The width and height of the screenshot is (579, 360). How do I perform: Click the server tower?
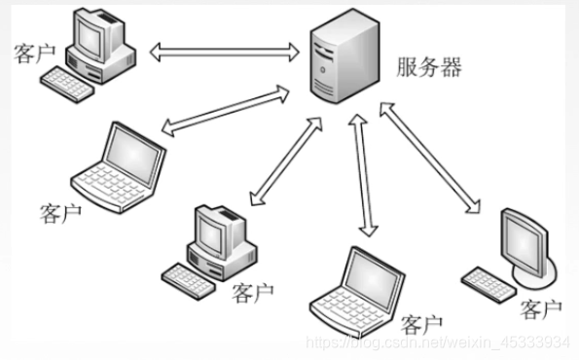pyautogui.click(x=344, y=56)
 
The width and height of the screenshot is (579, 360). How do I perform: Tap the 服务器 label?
pyautogui.click(x=429, y=67)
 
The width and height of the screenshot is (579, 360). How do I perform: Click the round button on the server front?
pyautogui.click(x=323, y=69)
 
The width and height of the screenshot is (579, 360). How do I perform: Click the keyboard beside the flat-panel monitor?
pyautogui.click(x=489, y=284)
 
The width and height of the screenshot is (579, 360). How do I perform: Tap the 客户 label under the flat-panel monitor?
pyautogui.click(x=541, y=309)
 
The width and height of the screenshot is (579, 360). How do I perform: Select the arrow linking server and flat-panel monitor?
pyautogui.click(x=430, y=158)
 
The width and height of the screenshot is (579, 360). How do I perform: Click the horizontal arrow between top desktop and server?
pyautogui.click(x=225, y=52)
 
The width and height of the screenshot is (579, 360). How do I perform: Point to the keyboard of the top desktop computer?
pyautogui.click(x=67, y=85)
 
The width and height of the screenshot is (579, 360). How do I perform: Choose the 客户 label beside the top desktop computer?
pyautogui.click(x=35, y=54)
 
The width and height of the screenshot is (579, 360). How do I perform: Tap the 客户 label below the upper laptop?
pyautogui.click(x=60, y=213)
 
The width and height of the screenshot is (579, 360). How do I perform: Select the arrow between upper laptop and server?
pyautogui.click(x=226, y=111)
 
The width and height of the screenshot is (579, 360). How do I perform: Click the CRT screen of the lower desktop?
pyautogui.click(x=210, y=234)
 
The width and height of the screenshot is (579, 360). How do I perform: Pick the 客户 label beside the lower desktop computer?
pyautogui.click(x=253, y=293)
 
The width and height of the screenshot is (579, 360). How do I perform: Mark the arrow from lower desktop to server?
pyautogui.click(x=286, y=162)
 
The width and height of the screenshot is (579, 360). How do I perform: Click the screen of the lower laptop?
pyautogui.click(x=373, y=280)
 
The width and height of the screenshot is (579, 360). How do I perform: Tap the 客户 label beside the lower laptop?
pyautogui.click(x=421, y=324)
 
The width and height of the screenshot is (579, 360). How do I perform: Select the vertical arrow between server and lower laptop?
pyautogui.click(x=363, y=175)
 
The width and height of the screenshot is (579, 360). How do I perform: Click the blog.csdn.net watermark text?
pyautogui.click(x=438, y=342)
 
